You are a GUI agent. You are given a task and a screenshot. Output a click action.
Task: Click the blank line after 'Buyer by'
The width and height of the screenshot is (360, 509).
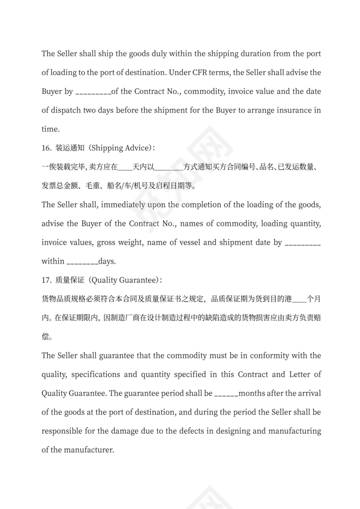[x=93, y=92]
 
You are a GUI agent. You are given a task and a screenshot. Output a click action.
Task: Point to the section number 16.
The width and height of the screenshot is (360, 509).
[x=46, y=148]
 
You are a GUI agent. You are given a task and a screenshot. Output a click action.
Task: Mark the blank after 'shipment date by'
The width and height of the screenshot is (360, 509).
[x=303, y=243]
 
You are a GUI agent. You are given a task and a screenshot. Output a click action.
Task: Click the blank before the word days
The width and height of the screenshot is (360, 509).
[x=82, y=262]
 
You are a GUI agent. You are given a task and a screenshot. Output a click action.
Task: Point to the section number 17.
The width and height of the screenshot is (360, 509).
[x=46, y=280]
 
